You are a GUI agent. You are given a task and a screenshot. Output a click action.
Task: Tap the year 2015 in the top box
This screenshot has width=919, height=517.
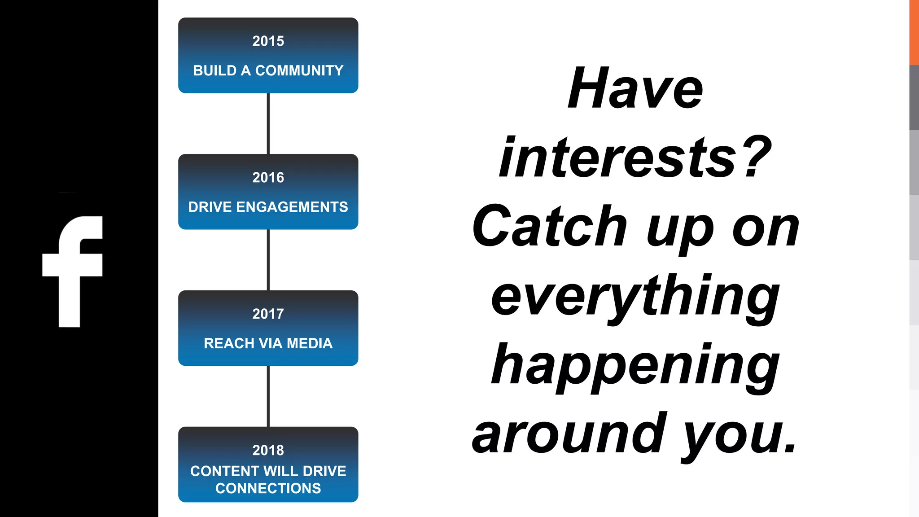pos(268,41)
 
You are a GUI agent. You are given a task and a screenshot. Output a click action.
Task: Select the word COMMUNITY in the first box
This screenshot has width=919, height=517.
pos(299,70)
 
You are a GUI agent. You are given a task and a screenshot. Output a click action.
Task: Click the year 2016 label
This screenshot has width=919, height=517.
pos(268,178)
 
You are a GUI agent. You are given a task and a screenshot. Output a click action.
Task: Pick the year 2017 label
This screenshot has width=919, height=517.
pos(268,314)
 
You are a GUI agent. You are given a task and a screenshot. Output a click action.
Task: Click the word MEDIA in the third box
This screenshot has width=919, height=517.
pos(310,343)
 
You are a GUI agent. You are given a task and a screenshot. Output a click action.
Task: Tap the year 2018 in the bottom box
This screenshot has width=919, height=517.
pos(268,450)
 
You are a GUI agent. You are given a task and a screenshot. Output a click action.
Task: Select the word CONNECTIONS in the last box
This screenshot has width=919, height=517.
pos(268,488)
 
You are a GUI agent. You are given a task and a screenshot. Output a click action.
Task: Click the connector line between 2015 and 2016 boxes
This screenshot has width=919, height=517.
pos(268,123)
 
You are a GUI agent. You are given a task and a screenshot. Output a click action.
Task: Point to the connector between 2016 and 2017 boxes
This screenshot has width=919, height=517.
pos(268,260)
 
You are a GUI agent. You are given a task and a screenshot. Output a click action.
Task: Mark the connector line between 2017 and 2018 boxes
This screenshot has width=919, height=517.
pos(268,396)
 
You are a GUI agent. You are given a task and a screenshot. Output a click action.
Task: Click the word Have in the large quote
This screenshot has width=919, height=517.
pos(635,88)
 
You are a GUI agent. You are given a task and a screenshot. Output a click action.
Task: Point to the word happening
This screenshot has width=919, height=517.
pos(635,366)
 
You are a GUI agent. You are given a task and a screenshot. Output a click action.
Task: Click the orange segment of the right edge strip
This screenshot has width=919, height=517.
pos(914,32)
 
